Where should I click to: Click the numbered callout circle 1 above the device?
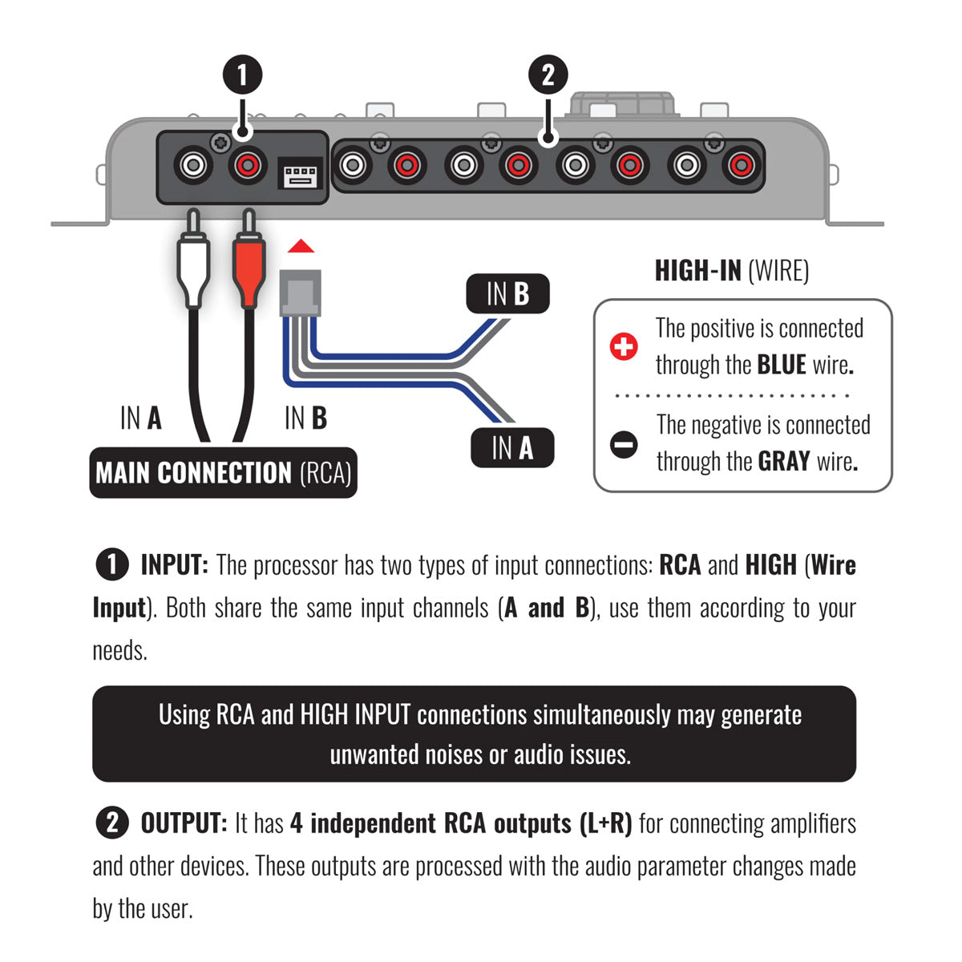[241, 75]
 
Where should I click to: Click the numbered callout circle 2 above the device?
[548, 75]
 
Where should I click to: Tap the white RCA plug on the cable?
[192, 269]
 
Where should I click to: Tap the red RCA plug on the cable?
[248, 269]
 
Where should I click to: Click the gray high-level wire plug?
[301, 293]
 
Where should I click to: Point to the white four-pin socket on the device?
[300, 174]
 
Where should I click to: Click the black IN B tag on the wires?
[507, 294]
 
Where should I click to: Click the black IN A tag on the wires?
[512, 447]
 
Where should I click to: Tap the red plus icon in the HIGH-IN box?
[624, 346]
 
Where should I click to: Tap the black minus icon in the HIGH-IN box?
[624, 443]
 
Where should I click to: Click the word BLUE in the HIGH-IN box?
[781, 365]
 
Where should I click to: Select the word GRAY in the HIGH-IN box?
[783, 462]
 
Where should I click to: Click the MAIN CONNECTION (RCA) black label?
[223, 473]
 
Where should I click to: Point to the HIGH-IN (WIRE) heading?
[731, 271]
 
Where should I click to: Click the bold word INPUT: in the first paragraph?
[174, 565]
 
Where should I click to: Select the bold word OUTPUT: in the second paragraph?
[184, 823]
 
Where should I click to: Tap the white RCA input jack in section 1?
[193, 166]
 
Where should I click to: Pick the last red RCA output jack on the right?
[740, 166]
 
